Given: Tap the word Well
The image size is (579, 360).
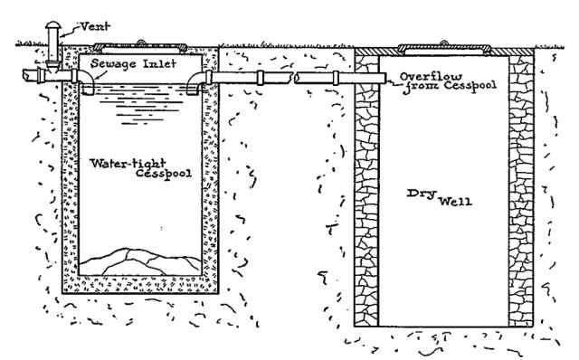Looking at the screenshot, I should (456, 201).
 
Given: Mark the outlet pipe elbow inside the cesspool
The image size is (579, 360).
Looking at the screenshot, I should (195, 84).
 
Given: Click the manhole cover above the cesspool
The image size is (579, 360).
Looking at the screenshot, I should (142, 44).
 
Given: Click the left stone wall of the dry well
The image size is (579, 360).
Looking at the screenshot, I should (366, 190).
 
